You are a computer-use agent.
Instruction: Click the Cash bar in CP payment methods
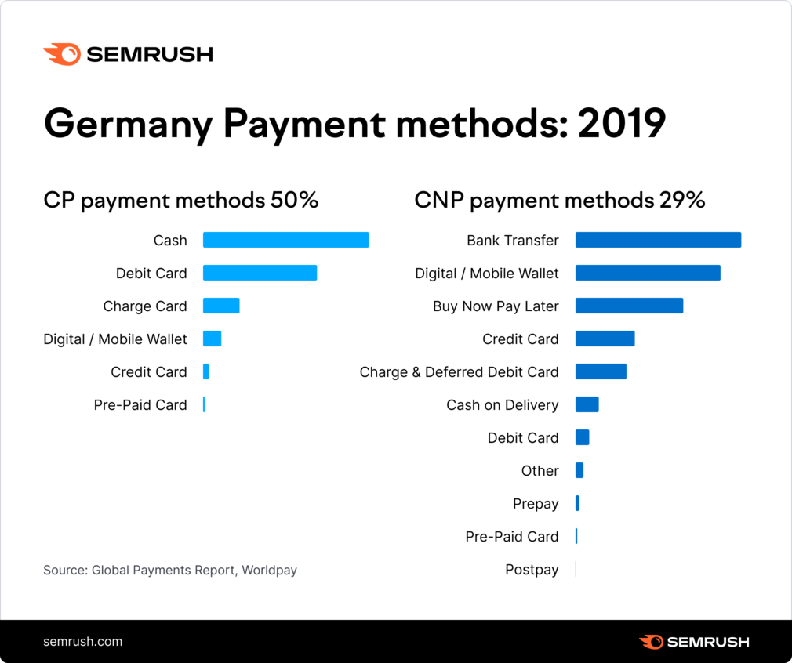(x=285, y=240)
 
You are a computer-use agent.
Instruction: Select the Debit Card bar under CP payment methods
(x=260, y=273)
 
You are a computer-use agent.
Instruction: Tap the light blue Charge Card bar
(x=221, y=306)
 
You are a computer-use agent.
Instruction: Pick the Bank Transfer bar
(x=658, y=240)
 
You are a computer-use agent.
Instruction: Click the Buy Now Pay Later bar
(x=629, y=306)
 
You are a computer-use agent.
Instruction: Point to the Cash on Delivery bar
(x=587, y=404)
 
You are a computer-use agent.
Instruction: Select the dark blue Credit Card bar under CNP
(x=605, y=339)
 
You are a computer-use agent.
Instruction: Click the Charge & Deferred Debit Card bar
(x=601, y=371)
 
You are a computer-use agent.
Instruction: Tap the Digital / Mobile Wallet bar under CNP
(x=648, y=273)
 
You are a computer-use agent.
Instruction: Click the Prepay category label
(x=536, y=504)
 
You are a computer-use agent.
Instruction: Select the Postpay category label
(x=532, y=570)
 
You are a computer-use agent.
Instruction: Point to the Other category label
(x=540, y=471)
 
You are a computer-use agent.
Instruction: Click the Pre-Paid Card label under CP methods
(x=140, y=405)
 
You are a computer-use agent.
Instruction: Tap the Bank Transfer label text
(x=513, y=241)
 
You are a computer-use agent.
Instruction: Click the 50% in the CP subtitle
(x=294, y=201)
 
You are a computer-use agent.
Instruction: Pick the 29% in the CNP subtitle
(x=681, y=201)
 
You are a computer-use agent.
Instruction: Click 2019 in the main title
(x=622, y=124)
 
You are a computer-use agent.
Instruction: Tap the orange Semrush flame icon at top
(x=61, y=54)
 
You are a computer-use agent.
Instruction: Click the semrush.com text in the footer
(x=82, y=641)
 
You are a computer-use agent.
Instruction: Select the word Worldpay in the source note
(x=269, y=570)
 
